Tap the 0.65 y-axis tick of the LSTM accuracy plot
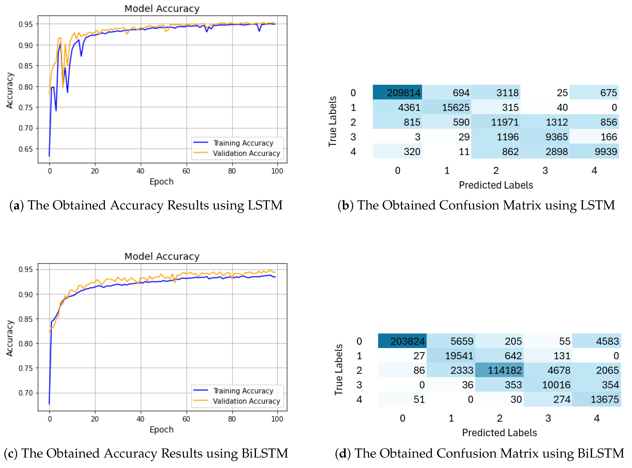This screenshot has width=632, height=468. point(25,149)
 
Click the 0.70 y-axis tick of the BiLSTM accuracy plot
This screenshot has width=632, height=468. point(25,393)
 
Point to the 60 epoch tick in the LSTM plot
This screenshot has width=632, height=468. point(186,171)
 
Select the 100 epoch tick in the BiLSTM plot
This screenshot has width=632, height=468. point(277,419)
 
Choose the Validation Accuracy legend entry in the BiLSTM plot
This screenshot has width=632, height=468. point(246,401)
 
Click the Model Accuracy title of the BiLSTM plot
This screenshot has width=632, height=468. point(162,256)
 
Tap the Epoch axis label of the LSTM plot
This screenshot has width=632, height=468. point(162,182)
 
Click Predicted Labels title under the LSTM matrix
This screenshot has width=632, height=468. point(496,185)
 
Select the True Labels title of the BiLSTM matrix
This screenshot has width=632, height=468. point(338,370)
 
